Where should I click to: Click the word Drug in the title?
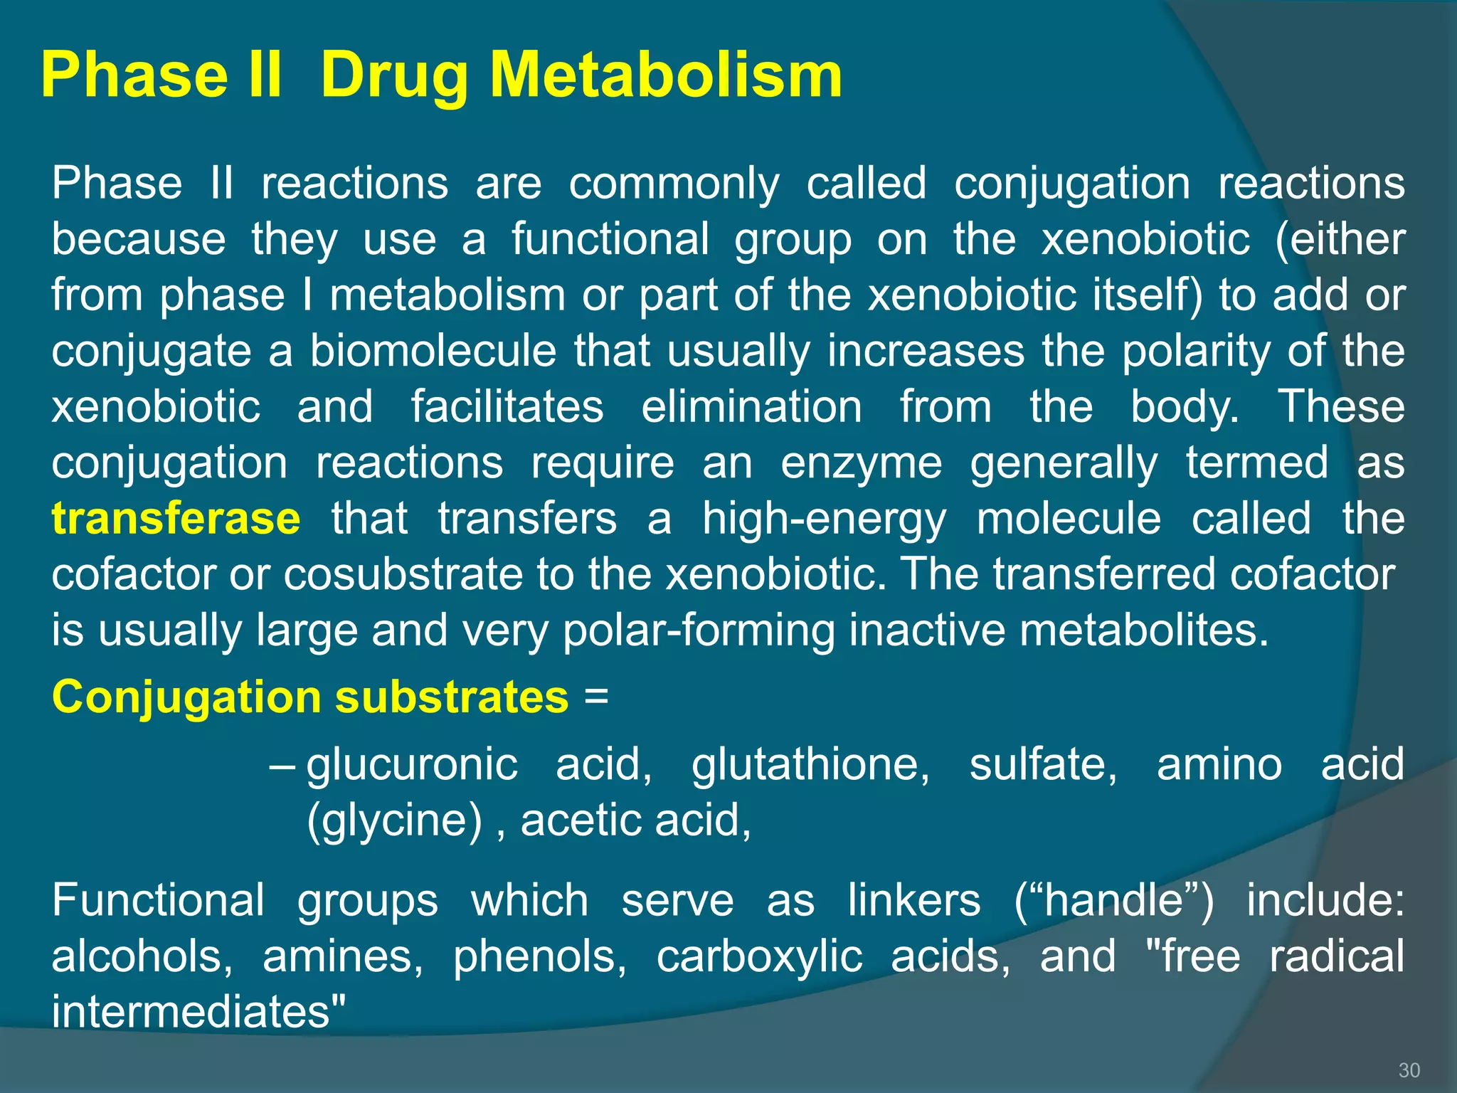point(395,77)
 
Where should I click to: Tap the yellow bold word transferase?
point(176,518)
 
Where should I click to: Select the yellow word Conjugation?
point(187,697)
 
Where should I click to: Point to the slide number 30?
point(1409,1070)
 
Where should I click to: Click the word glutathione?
point(810,764)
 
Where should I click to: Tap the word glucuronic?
point(412,765)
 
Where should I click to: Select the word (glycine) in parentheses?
point(395,821)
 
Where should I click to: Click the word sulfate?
point(1043,764)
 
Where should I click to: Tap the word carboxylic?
point(759,957)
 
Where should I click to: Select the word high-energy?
point(824,519)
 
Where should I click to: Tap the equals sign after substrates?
point(595,696)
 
